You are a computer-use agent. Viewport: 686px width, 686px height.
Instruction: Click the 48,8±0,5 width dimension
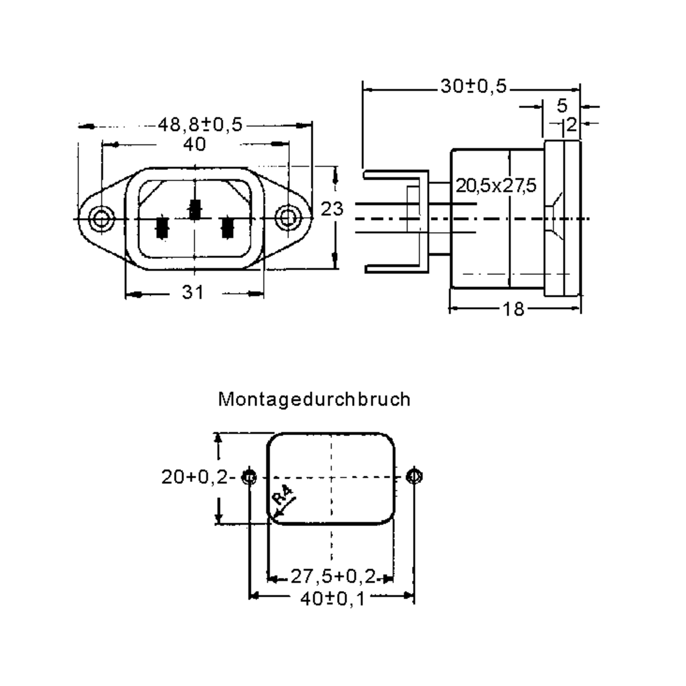pyautogui.click(x=200, y=125)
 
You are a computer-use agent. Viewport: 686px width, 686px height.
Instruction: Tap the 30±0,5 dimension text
pyautogui.click(x=473, y=86)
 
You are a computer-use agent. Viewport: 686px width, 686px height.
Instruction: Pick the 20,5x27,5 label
pyautogui.click(x=496, y=186)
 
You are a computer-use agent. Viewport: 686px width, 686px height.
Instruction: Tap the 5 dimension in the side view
pyautogui.click(x=562, y=105)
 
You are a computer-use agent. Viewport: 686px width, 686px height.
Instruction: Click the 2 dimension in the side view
pyautogui.click(x=571, y=125)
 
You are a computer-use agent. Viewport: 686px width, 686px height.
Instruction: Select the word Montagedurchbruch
pyautogui.click(x=314, y=400)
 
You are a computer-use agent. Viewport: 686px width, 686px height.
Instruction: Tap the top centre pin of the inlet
pyautogui.click(x=195, y=210)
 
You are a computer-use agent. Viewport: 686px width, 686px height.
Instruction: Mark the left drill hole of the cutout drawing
pyautogui.click(x=249, y=476)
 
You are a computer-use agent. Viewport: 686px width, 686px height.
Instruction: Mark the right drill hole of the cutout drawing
pyautogui.click(x=414, y=476)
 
